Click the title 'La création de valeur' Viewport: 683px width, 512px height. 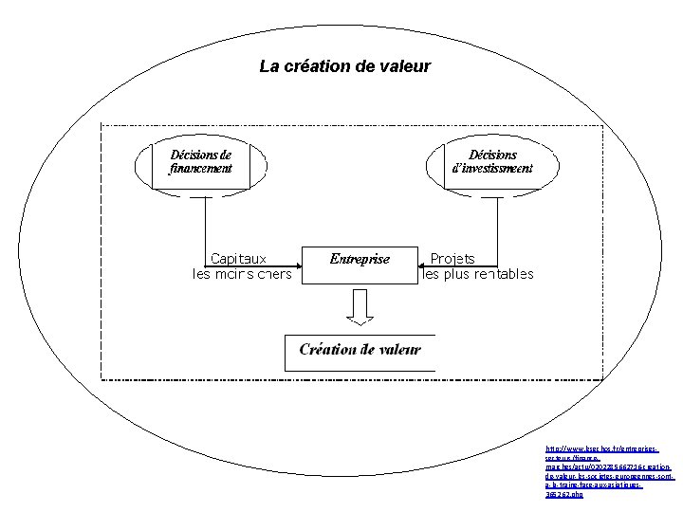pos(344,66)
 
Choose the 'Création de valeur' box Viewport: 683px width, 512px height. pos(360,350)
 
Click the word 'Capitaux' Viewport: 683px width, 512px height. pos(237,258)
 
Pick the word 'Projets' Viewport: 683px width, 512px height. pos(452,258)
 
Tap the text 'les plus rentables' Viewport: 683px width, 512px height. pos(478,275)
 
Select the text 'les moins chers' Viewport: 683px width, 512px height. pos(242,275)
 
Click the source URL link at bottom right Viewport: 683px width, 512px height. pos(608,469)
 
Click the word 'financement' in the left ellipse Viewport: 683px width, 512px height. pos(200,169)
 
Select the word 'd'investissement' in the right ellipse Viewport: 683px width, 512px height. pos(492,169)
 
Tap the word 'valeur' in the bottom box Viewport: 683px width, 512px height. pos(397,350)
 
